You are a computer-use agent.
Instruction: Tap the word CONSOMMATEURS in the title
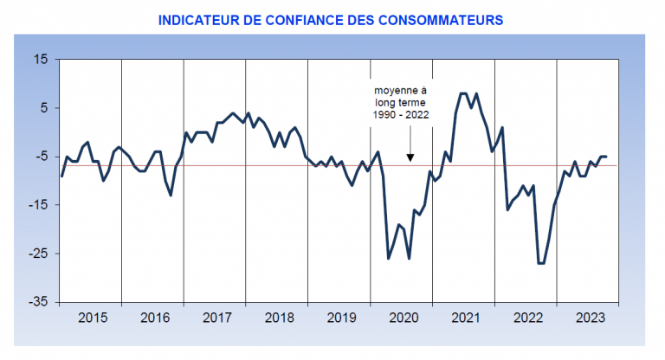tap(438, 18)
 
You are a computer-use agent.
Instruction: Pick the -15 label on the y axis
tap(40, 205)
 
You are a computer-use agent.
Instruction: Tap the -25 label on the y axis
tap(40, 254)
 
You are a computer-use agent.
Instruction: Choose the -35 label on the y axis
tap(40, 302)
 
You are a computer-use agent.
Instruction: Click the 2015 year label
tap(92, 318)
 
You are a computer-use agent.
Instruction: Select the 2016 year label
tap(153, 318)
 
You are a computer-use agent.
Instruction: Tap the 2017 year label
tap(216, 318)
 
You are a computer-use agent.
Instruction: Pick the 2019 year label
tap(339, 318)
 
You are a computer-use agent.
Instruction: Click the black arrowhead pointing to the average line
tap(410, 157)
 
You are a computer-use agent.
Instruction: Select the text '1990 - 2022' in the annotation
tap(401, 113)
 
